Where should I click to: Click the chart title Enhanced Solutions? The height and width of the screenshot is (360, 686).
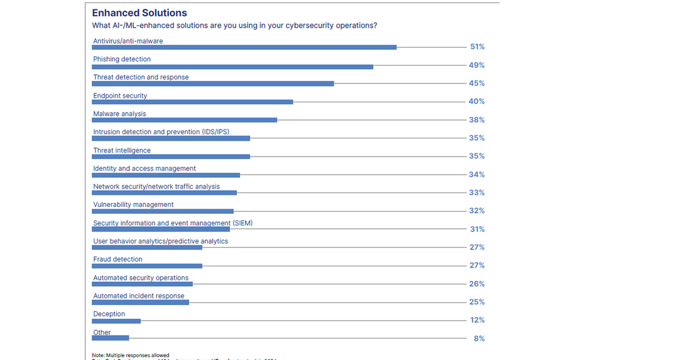[139, 13]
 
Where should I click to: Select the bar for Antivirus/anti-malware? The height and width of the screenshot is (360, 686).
[244, 47]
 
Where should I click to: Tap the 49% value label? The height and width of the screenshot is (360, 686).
[477, 65]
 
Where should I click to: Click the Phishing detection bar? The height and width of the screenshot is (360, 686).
[232, 67]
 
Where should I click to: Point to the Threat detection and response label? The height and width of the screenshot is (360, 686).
[141, 77]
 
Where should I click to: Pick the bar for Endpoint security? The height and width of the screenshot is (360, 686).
[192, 102]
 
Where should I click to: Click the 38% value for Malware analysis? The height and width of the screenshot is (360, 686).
[477, 120]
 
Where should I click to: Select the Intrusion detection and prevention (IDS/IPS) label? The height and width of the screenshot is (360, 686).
[161, 132]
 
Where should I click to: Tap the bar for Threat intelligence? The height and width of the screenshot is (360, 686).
[171, 157]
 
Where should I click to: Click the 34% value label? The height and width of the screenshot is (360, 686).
[477, 174]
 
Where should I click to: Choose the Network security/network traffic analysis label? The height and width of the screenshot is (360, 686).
[157, 186]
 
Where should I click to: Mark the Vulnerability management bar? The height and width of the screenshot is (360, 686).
[163, 211]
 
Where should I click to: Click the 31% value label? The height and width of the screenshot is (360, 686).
[477, 229]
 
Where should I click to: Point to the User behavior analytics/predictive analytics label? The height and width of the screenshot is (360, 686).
[161, 241]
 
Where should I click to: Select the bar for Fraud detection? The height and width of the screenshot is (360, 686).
[147, 266]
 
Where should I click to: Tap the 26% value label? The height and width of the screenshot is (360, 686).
[477, 284]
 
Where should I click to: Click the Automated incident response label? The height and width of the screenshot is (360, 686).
[139, 296]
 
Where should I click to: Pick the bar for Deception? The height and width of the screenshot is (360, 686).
[116, 321]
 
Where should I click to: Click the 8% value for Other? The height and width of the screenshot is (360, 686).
[479, 338]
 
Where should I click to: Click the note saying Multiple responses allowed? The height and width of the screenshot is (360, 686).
[131, 355]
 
